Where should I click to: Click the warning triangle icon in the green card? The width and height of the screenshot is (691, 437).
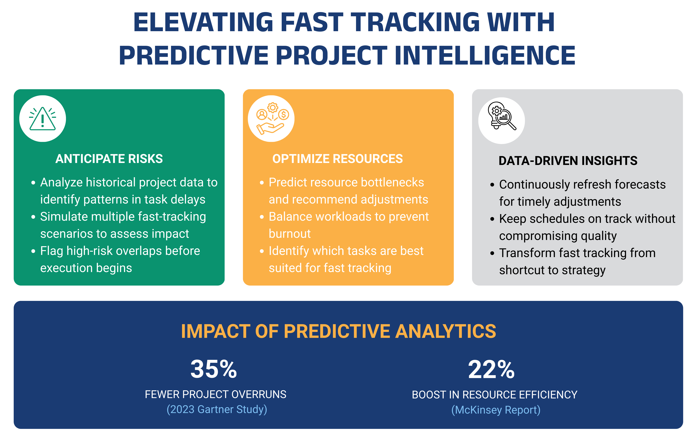pos(43,119)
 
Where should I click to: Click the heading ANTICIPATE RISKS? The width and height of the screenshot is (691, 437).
pos(109,159)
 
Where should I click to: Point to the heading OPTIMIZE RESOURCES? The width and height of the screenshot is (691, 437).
pos(337,159)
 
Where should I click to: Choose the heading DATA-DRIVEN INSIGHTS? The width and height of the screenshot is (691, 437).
pos(568,161)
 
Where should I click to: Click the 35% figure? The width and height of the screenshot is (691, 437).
pos(214,369)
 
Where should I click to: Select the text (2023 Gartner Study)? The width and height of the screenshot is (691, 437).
pos(217,409)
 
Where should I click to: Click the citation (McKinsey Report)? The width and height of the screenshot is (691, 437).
pos(496,410)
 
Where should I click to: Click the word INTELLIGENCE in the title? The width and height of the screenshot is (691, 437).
pos(485,55)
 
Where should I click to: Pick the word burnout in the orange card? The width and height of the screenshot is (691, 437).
pos(290,234)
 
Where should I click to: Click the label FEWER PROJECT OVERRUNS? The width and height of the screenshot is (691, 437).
pos(216,394)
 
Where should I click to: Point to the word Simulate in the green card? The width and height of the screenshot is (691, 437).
pos(61,217)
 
